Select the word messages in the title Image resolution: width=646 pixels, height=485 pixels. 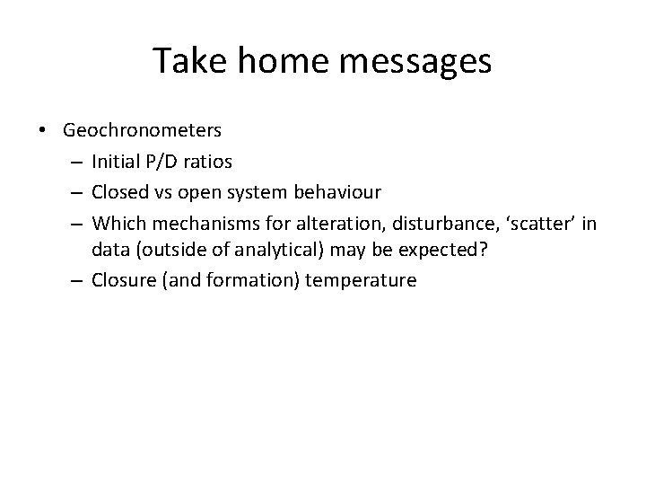(x=415, y=61)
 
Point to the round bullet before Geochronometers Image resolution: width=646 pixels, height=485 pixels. (x=44, y=131)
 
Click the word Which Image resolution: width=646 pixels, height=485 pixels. (x=115, y=221)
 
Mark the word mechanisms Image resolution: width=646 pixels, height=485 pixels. (x=195, y=221)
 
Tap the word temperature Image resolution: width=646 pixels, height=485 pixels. (x=361, y=280)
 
